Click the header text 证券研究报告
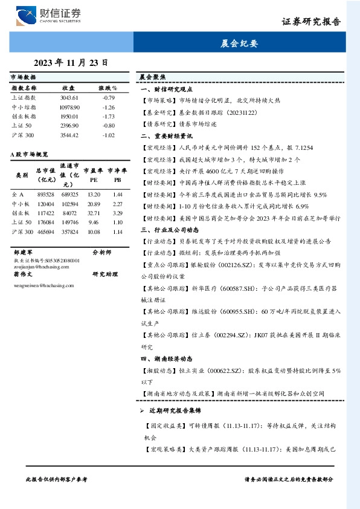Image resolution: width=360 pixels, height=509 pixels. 310,21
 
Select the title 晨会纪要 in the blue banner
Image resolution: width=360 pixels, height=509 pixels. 239,44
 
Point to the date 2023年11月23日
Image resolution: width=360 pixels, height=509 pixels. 71,62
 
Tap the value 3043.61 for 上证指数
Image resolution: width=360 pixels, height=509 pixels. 69,97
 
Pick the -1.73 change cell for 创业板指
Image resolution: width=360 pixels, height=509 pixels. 108,115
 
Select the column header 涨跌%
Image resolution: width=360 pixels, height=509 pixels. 108,88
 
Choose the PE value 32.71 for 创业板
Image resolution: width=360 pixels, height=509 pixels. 94,213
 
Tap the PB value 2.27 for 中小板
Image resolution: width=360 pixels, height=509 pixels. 118,204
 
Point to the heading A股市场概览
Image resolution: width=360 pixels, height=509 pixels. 30,155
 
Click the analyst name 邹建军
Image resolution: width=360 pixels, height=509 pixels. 22,251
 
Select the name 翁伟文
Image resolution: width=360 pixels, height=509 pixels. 22,274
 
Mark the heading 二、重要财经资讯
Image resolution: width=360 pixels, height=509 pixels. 166,137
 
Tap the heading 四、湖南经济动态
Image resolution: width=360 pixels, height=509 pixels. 166,358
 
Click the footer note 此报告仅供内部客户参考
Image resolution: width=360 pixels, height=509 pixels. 57,479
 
